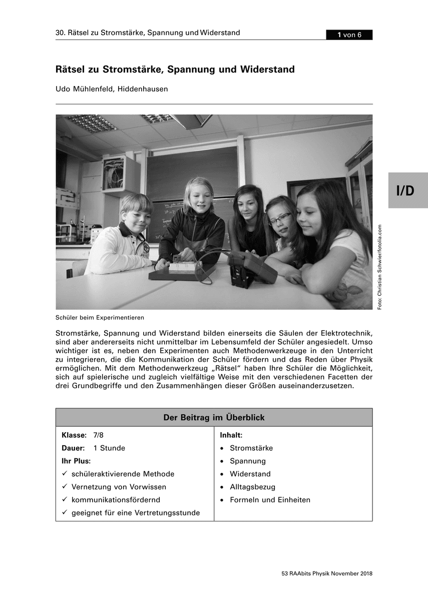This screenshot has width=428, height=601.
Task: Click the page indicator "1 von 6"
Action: click(x=349, y=35)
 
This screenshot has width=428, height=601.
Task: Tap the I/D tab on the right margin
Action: click(x=407, y=190)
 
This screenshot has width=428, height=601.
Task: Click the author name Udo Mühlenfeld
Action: click(x=87, y=89)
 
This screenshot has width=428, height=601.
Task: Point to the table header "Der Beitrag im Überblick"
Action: click(x=214, y=417)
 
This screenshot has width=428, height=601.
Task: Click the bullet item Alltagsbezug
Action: click(x=252, y=487)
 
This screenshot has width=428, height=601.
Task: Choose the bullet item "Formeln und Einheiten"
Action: click(x=270, y=500)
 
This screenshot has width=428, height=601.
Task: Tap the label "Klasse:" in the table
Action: click(x=74, y=435)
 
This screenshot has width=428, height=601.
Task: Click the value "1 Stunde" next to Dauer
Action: click(x=109, y=448)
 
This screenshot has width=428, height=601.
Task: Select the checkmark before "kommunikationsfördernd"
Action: click(x=65, y=500)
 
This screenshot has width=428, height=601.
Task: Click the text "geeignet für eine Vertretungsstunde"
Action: click(x=136, y=513)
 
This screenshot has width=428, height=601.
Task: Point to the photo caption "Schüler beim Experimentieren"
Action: click(x=100, y=318)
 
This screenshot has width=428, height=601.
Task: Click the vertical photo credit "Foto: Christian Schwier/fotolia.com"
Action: click(x=380, y=266)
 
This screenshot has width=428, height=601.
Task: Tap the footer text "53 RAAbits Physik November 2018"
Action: click(x=327, y=573)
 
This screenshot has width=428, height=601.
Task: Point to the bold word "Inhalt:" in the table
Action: click(x=231, y=435)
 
